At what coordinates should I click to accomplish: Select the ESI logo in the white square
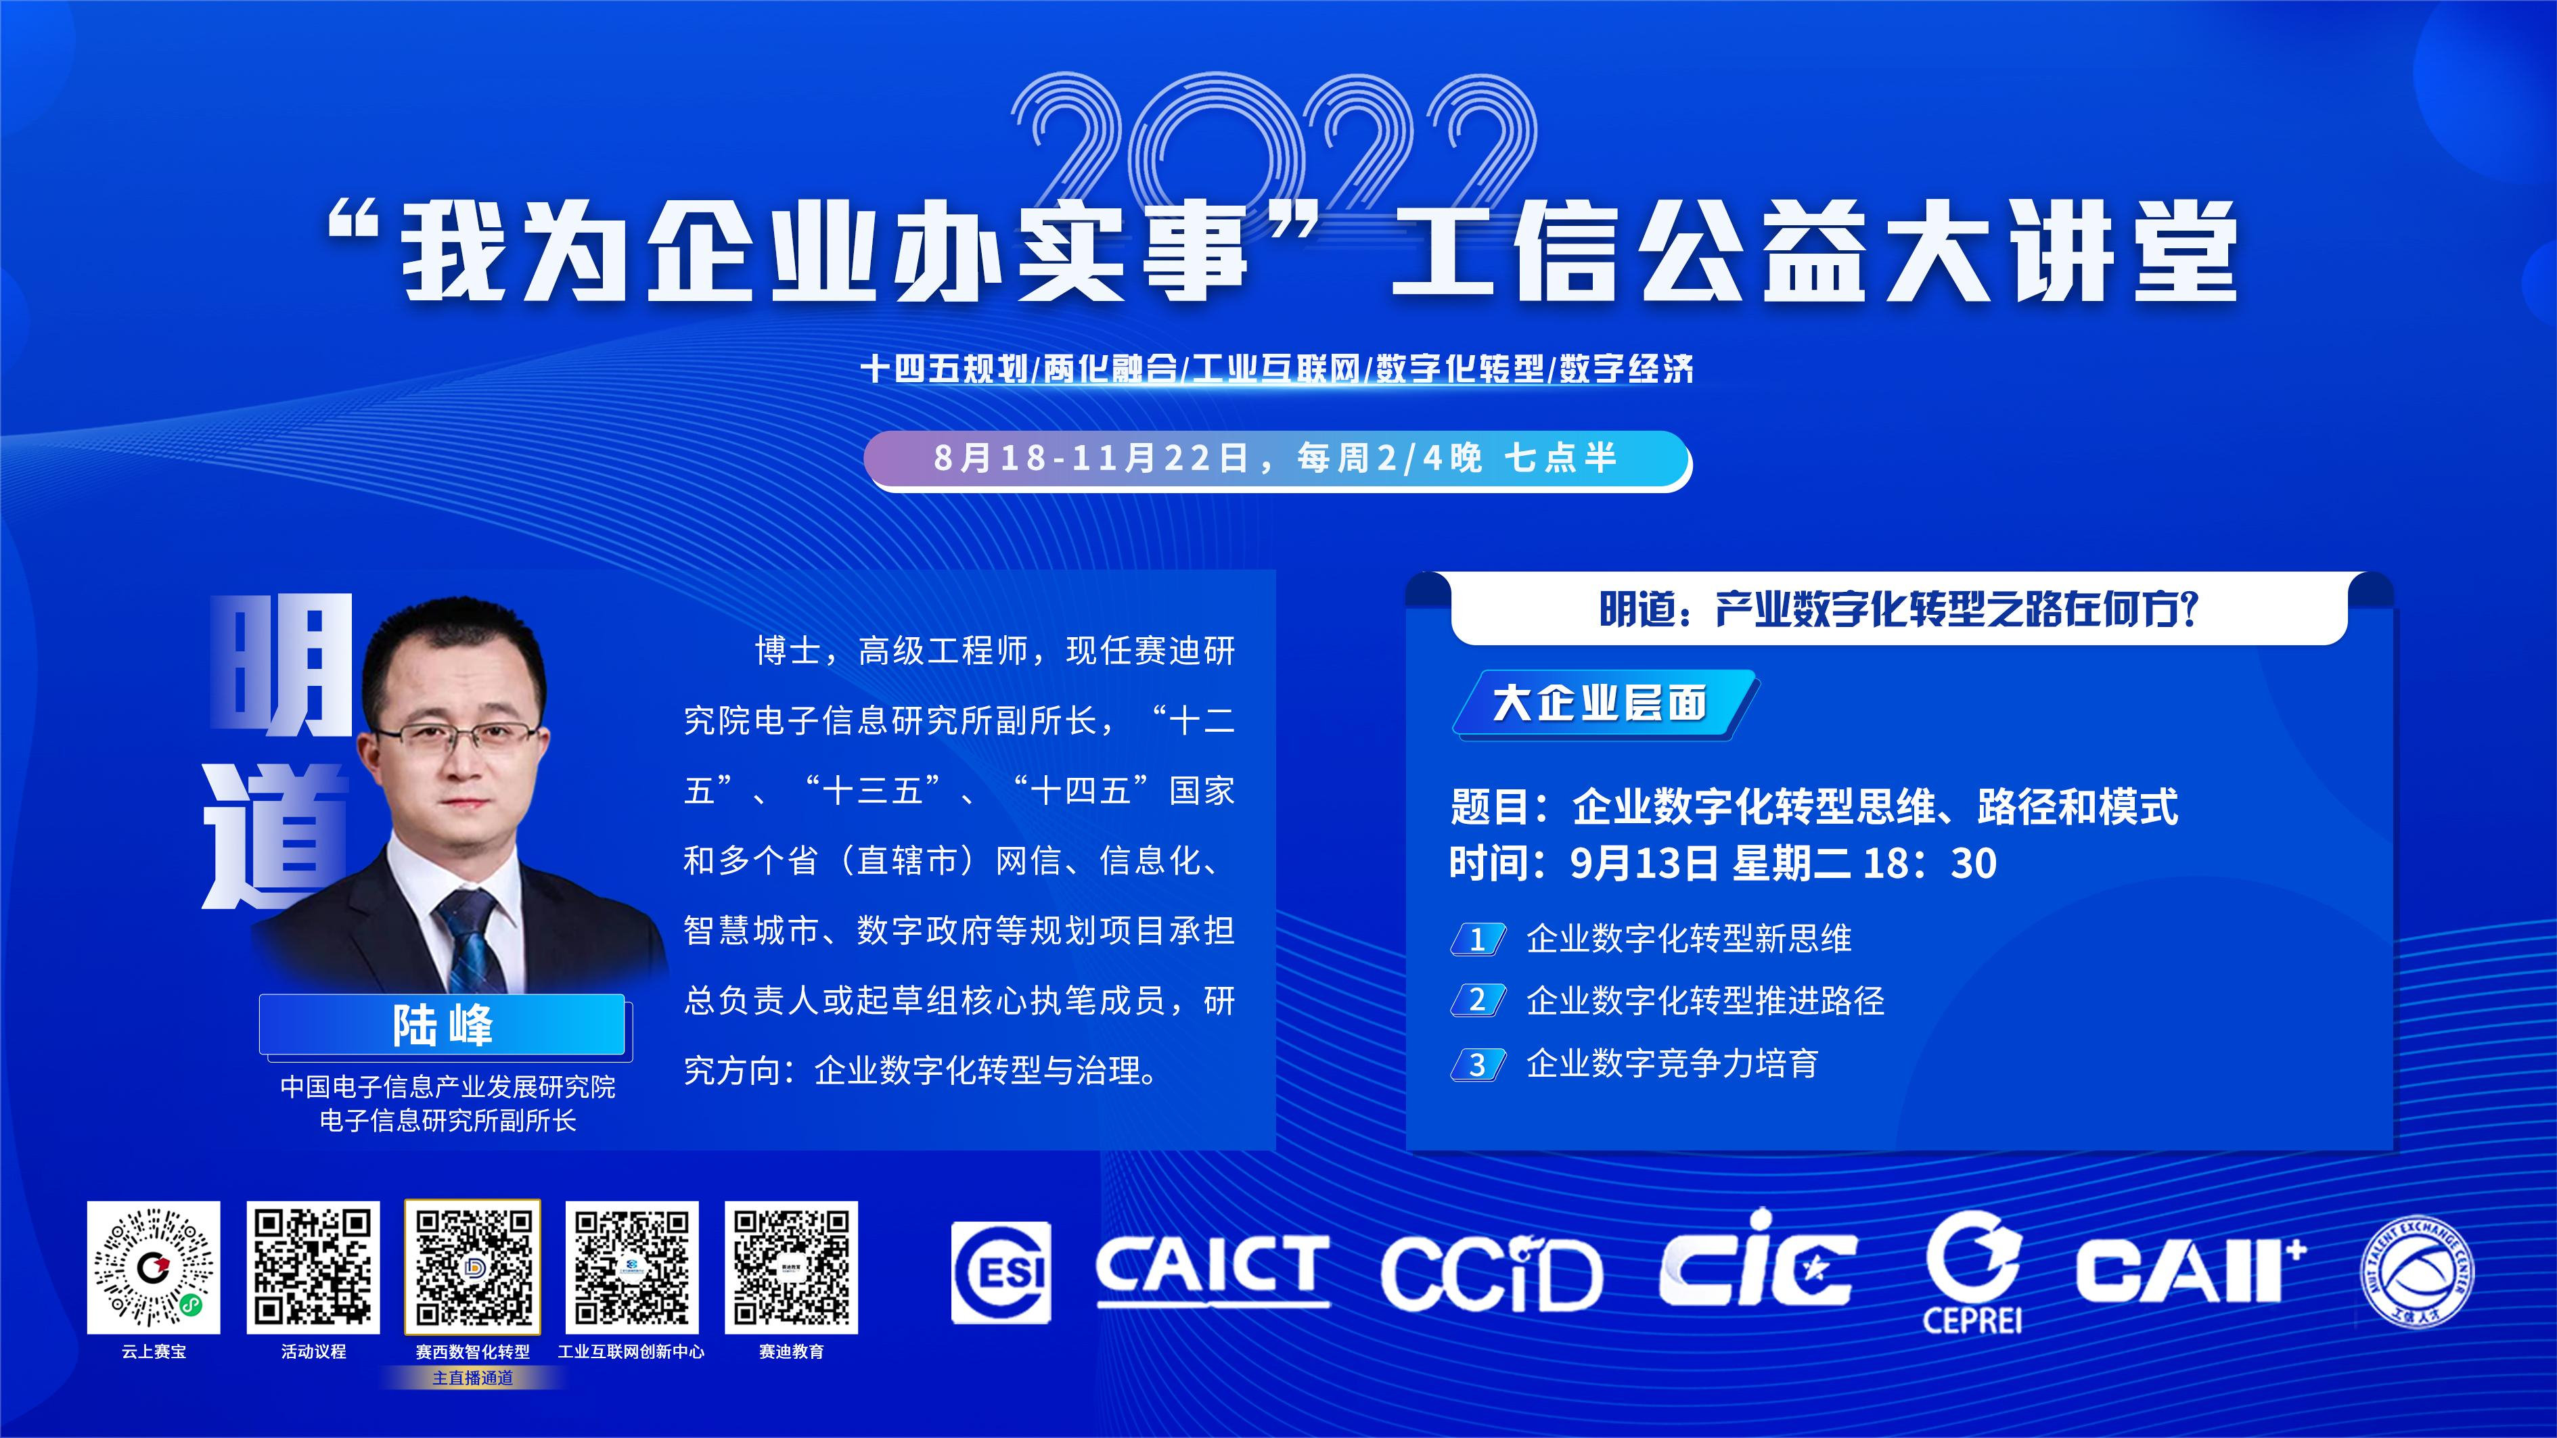1001,1272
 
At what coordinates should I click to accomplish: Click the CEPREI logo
1972,1272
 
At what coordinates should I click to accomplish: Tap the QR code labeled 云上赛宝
154,1268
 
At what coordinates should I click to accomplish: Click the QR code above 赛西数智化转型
472,1268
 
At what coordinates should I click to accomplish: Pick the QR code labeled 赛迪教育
791,1268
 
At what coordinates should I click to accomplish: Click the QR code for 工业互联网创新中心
632,1268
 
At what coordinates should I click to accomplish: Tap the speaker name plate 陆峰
443,1024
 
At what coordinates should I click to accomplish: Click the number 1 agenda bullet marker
1478,939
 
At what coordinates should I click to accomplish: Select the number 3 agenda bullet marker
1478,1065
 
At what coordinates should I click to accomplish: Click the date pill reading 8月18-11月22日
1277,459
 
